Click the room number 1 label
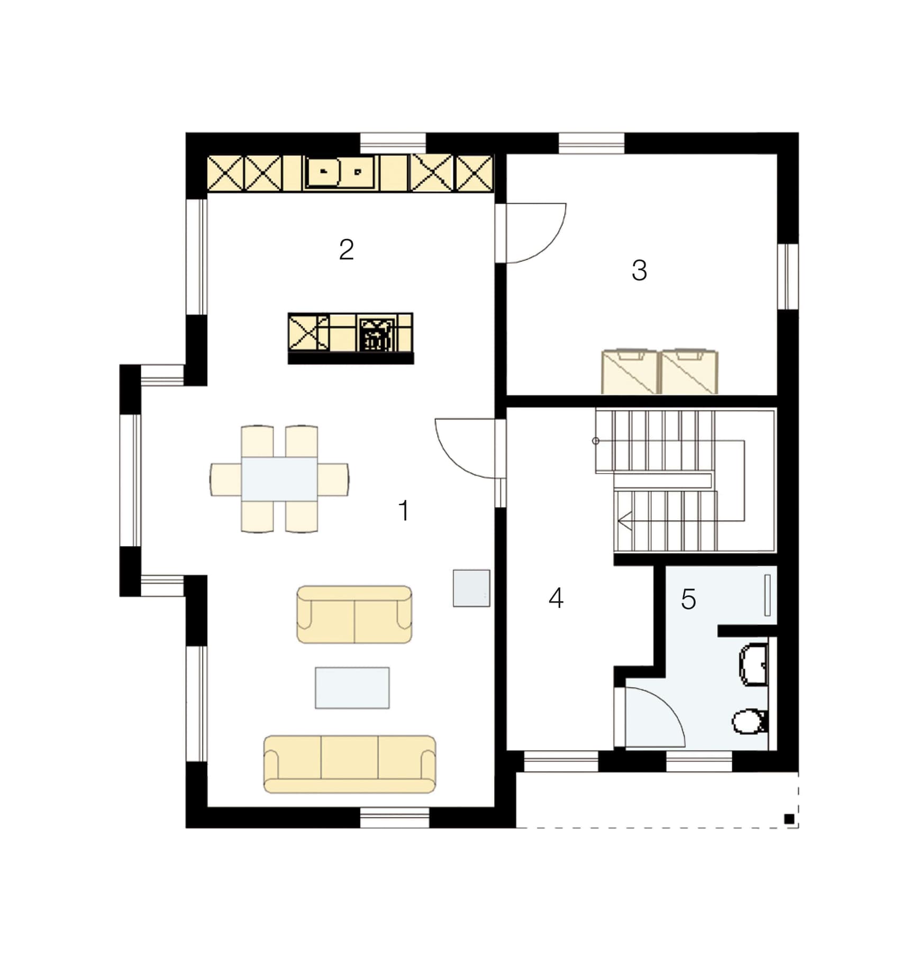404,511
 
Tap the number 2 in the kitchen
347,249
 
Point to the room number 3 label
639,270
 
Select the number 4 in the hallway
556,599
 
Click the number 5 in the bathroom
688,599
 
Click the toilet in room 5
749,721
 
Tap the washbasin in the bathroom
753,665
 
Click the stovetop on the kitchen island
377,334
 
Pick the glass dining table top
279,479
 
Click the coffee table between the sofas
352,688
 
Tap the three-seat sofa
350,764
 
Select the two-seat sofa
354,614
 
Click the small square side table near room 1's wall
471,588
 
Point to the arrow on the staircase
625,521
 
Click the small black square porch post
789,819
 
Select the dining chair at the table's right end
333,479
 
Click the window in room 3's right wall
788,276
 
